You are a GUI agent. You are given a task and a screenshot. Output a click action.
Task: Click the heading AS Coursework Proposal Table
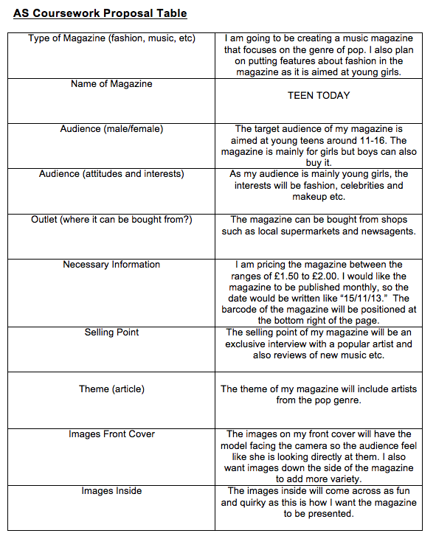100,13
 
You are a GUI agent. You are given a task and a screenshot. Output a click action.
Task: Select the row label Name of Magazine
111,84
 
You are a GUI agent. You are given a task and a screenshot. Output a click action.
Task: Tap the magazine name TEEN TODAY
319,95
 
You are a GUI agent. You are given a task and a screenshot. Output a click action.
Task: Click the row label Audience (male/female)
111,129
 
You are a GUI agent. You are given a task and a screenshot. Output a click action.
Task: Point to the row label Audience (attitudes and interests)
111,174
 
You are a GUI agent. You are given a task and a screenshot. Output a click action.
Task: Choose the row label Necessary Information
111,265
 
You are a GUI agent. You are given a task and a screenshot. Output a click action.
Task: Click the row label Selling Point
111,333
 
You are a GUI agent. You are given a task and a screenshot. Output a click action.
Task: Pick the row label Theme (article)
111,389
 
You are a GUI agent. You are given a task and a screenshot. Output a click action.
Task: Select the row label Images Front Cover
111,434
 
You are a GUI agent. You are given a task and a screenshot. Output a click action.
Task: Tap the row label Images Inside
111,491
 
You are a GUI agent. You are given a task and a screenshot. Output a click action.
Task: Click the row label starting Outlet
111,220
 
